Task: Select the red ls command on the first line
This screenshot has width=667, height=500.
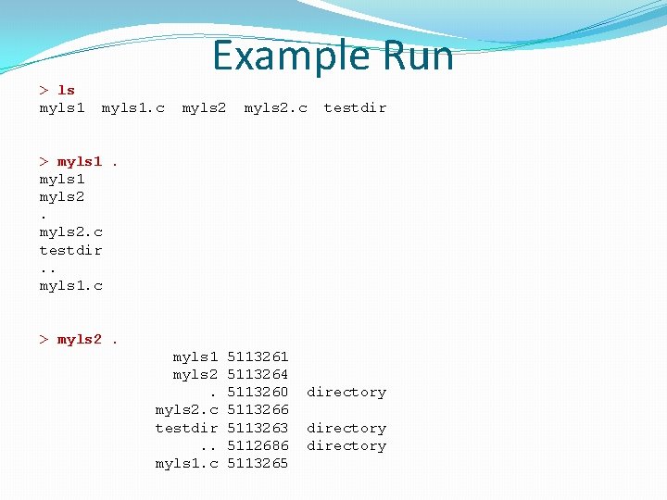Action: (66, 90)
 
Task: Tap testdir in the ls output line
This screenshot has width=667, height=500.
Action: (355, 107)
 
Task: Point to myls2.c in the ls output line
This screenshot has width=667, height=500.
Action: (275, 107)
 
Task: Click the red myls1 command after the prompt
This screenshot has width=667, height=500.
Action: (80, 161)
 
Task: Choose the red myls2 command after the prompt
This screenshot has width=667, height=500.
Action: (80, 339)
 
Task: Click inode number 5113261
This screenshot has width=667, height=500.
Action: (258, 356)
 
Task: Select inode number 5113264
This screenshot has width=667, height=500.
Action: (258, 374)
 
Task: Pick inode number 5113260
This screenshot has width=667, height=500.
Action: (258, 392)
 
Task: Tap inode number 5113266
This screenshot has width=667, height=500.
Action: (258, 409)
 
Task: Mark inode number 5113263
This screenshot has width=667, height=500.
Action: (258, 428)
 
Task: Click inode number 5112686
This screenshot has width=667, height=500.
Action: (258, 445)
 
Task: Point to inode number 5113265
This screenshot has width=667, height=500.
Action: (258, 463)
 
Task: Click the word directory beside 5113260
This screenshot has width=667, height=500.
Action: (346, 392)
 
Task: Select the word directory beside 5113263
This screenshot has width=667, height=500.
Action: (346, 428)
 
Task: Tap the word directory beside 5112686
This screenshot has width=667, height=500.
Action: (346, 445)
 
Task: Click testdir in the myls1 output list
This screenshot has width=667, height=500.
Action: (70, 250)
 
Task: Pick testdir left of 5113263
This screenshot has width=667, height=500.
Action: (186, 428)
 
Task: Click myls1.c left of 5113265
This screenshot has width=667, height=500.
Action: (186, 463)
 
